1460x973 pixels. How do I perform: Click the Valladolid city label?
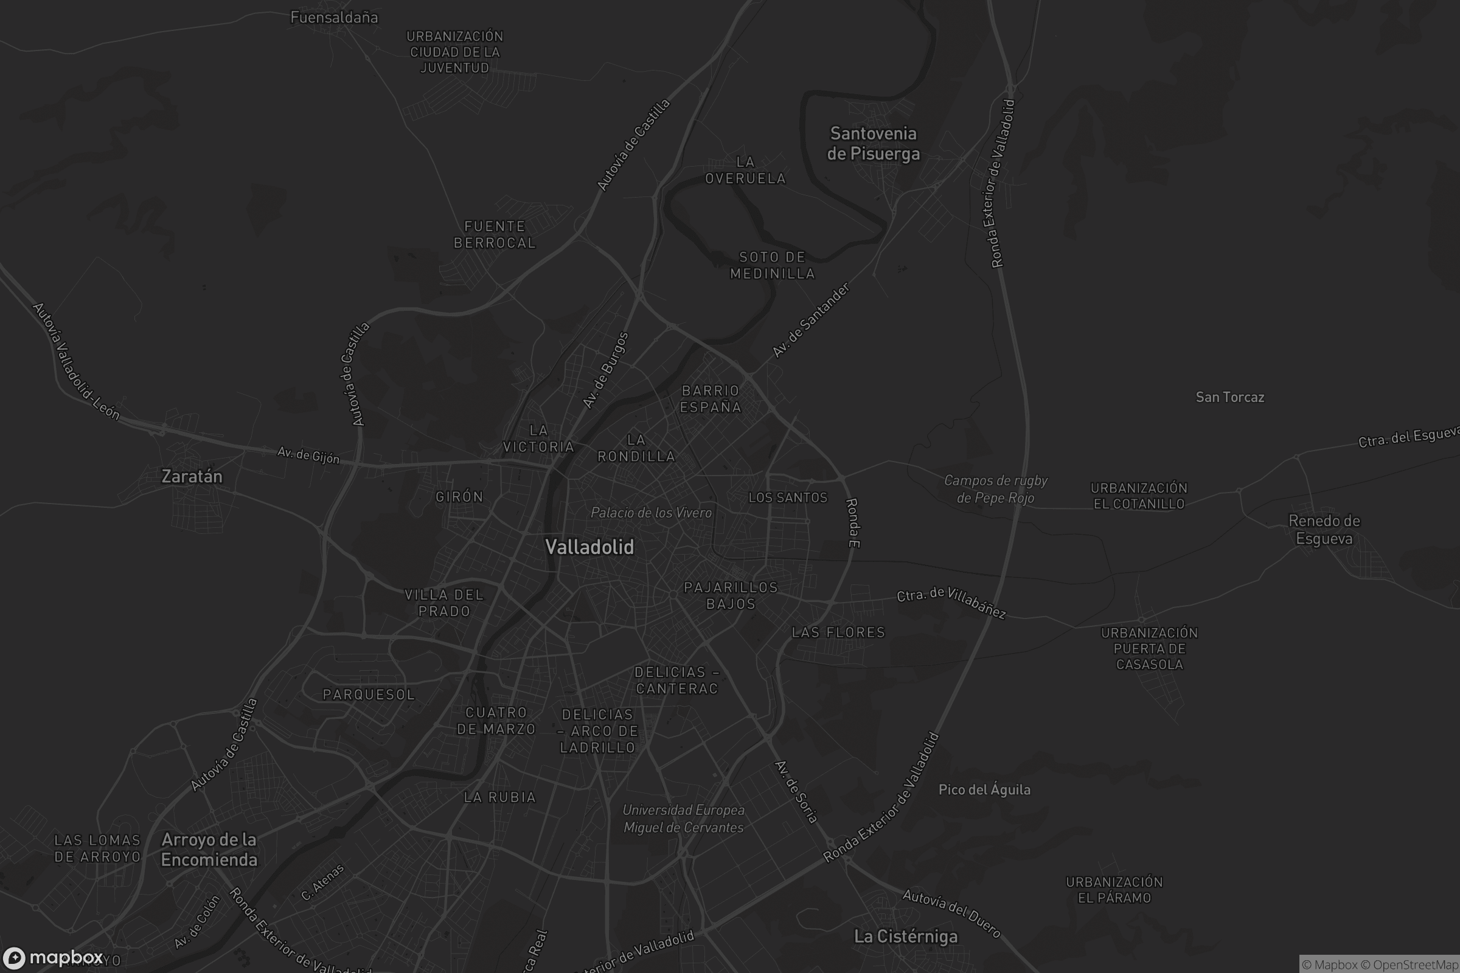[x=589, y=547]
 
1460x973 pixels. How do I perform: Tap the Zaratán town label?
[x=192, y=476]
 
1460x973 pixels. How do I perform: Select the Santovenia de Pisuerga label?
[x=874, y=144]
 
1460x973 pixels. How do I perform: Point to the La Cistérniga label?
[x=906, y=937]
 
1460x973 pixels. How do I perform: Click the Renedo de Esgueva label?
[x=1324, y=529]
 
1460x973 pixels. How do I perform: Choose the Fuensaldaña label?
[x=334, y=18]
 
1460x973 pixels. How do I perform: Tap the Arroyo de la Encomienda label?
[x=209, y=850]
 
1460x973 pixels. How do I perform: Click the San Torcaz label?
[x=1229, y=397]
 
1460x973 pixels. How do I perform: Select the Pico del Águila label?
[x=984, y=789]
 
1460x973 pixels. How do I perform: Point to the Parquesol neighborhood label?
[x=369, y=694]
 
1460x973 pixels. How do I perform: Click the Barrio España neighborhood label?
[x=711, y=399]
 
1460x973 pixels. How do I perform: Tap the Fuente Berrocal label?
[x=495, y=235]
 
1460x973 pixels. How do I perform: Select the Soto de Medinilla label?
[x=772, y=265]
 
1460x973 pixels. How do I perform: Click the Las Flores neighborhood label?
[x=838, y=632]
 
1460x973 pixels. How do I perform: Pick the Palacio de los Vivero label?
[x=651, y=513]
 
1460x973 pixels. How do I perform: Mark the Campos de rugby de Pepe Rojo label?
[x=996, y=489]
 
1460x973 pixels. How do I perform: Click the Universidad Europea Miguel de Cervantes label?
[x=683, y=819]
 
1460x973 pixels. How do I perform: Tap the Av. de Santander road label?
[x=811, y=320]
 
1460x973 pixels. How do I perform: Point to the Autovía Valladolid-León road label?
[x=75, y=361]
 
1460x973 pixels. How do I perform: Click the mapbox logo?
[x=53, y=957]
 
